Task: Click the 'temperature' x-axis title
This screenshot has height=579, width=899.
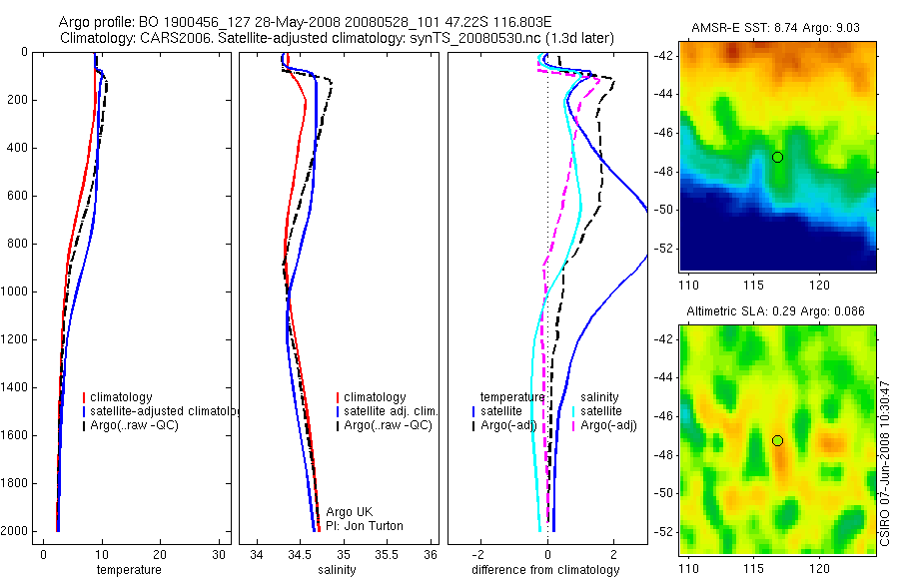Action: pos(128,570)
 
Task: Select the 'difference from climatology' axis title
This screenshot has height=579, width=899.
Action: pos(545,570)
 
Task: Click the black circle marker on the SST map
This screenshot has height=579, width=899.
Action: pos(777,157)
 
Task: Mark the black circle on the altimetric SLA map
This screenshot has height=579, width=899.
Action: pos(777,440)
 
